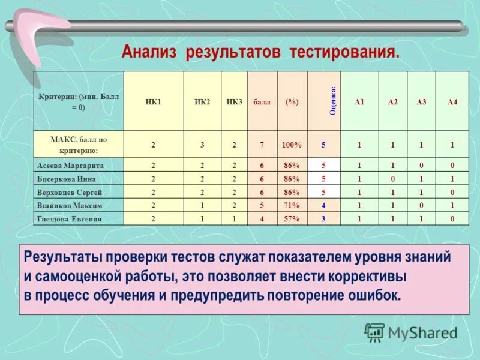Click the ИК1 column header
(153, 103)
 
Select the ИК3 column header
(234, 103)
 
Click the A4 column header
(452, 103)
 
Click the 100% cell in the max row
(292, 145)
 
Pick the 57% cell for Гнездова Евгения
(292, 219)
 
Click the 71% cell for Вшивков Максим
(292, 206)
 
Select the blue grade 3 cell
(323, 219)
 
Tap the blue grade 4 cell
(323, 206)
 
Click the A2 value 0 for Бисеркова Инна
(392, 179)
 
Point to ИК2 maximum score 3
(202, 145)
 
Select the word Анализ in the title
(149, 52)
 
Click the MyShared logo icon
(375, 332)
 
